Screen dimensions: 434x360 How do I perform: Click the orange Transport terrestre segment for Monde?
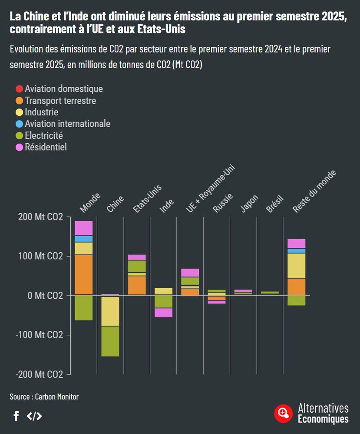point(84,275)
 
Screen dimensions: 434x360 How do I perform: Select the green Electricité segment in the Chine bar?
point(110,341)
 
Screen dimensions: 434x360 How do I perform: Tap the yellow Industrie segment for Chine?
point(110,311)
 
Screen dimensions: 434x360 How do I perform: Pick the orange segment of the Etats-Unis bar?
point(137,285)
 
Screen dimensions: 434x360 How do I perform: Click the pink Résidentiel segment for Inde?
point(163,312)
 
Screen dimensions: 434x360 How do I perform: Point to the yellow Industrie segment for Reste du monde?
point(297,266)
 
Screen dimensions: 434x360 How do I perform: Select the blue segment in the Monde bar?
point(84,239)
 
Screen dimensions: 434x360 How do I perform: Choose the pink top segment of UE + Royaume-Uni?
point(190,273)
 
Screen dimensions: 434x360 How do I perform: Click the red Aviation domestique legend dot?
point(19,89)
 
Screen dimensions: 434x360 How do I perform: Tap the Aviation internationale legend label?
point(67,124)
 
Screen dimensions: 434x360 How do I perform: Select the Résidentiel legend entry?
point(46,147)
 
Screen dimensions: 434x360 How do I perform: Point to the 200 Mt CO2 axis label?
point(41,217)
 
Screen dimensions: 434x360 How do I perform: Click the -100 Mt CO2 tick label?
point(40,335)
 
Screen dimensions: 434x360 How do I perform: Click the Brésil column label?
point(275,203)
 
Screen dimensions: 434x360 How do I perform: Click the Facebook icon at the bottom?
point(16,416)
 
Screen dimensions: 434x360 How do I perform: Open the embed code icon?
point(34,416)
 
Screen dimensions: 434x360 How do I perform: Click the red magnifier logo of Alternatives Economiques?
point(283,413)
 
